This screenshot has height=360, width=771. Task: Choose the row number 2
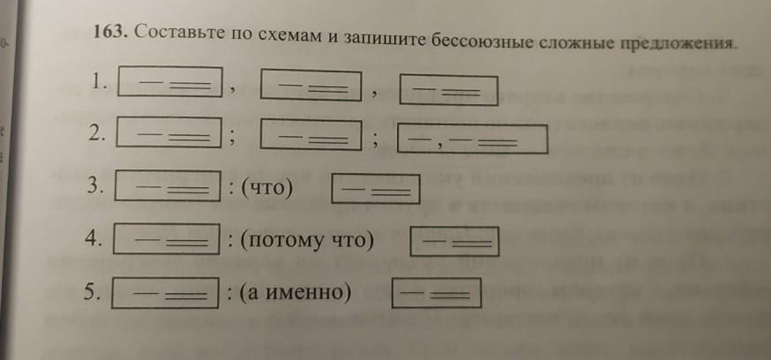coord(98,133)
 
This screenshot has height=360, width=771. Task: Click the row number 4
coord(97,238)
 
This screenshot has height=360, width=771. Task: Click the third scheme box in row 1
coord(449,91)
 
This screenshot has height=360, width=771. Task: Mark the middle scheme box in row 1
coord(312,86)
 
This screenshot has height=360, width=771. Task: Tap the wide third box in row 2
coord(473,139)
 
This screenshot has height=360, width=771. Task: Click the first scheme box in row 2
coord(168,134)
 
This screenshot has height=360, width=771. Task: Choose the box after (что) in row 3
coord(374,191)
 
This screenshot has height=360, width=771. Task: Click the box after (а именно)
coord(437,293)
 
